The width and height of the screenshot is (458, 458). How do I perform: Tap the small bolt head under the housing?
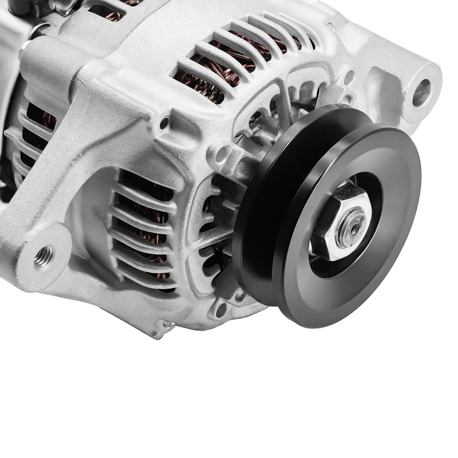click(x=168, y=324)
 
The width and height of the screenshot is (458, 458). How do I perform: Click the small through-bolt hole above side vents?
click(x=165, y=123)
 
